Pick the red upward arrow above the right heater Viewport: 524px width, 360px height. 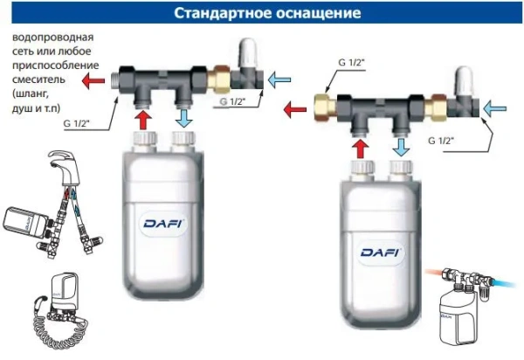(x=362, y=143)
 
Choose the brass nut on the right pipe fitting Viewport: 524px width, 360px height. (x=325, y=110)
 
